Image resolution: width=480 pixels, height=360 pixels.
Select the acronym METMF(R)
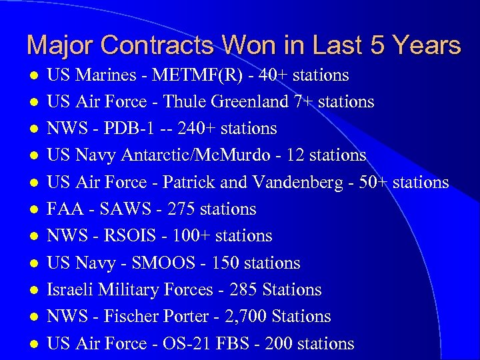point(197,75)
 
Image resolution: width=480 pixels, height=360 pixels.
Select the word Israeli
point(71,290)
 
